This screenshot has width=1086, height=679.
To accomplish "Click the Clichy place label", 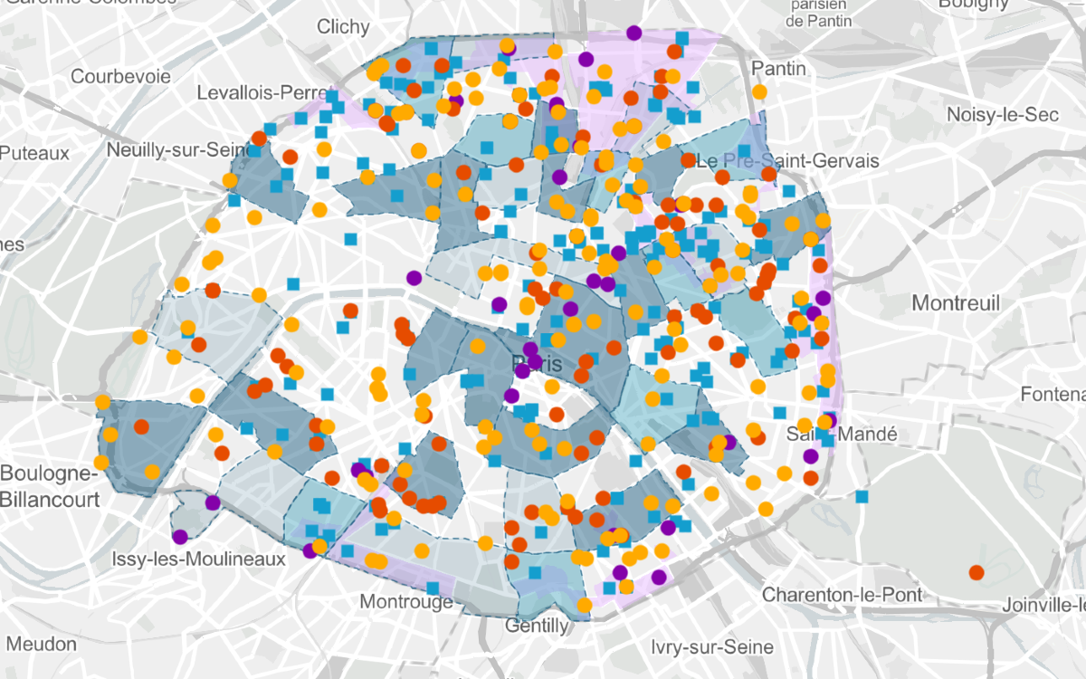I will pyautogui.click(x=343, y=27).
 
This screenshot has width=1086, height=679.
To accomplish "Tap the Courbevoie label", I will pyautogui.click(x=121, y=76).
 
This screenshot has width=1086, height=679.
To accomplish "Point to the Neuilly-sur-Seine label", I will pyautogui.click(x=170, y=149).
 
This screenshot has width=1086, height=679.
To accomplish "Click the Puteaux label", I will pyautogui.click(x=34, y=153).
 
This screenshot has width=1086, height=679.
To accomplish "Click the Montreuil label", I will pyautogui.click(x=956, y=302).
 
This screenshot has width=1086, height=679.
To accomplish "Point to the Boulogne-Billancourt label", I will pyautogui.click(x=47, y=486).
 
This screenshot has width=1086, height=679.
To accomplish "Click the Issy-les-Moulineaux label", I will pyautogui.click(x=198, y=559).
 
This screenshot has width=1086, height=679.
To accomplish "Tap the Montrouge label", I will pyautogui.click(x=406, y=602).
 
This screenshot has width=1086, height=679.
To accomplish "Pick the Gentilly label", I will pyautogui.click(x=538, y=626).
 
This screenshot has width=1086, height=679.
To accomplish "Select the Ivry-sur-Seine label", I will pyautogui.click(x=712, y=647).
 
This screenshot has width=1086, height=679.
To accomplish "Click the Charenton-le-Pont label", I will pyautogui.click(x=842, y=595).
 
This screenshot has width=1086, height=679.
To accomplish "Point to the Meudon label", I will pyautogui.click(x=41, y=644).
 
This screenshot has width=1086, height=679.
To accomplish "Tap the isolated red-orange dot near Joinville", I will pyautogui.click(x=976, y=572).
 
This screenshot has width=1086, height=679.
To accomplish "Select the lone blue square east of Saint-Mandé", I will pyautogui.click(x=862, y=496).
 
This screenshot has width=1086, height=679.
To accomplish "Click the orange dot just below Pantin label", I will pyautogui.click(x=759, y=92).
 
